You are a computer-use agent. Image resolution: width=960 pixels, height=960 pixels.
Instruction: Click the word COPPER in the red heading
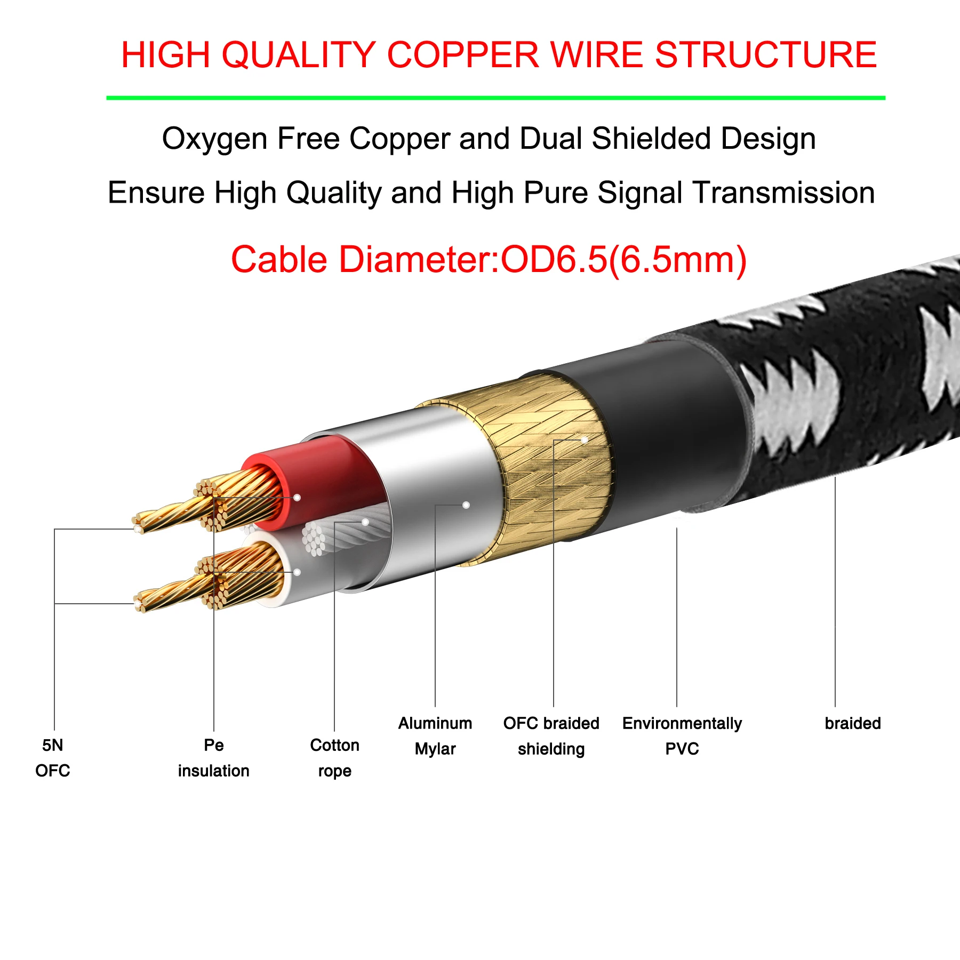click(x=463, y=55)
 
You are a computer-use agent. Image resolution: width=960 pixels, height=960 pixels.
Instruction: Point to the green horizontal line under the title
click(x=495, y=98)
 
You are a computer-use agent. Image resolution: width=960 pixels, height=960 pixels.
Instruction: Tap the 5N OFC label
click(x=53, y=757)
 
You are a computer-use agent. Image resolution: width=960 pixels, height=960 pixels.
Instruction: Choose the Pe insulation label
click(x=213, y=757)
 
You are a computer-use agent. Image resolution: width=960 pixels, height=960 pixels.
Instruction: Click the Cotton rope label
click(x=334, y=757)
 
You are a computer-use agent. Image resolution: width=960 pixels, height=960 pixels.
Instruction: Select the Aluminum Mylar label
click(x=435, y=736)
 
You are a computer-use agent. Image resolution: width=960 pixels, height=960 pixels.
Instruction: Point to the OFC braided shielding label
click(x=551, y=736)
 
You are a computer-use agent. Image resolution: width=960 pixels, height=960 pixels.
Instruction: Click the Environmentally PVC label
click(x=682, y=736)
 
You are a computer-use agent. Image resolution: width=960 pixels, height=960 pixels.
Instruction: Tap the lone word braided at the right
click(x=852, y=723)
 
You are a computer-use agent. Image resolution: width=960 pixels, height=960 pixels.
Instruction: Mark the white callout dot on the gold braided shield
click(x=585, y=440)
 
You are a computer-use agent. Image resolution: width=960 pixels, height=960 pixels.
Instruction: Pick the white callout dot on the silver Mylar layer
click(x=466, y=505)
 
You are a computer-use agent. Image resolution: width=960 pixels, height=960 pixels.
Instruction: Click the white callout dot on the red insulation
click(x=297, y=498)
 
